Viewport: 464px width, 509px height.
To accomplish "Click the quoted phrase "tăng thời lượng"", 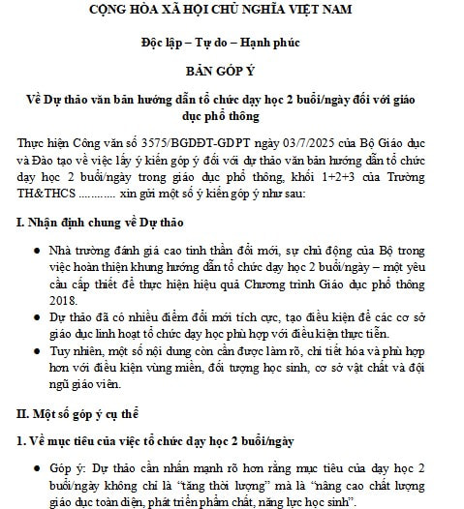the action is pos(211,486).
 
